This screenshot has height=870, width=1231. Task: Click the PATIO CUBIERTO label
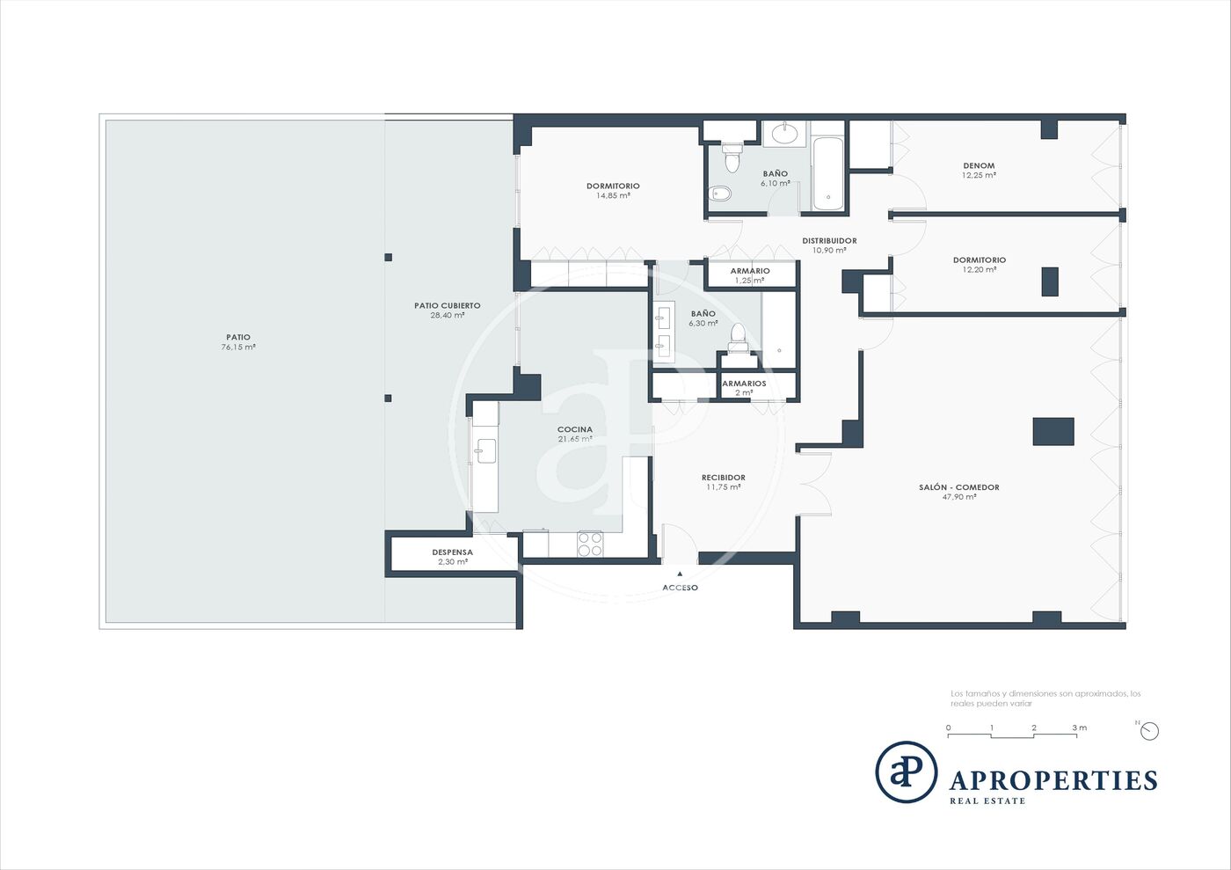[x=448, y=305]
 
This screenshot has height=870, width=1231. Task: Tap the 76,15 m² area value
[x=238, y=347]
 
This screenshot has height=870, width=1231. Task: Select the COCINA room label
[x=575, y=429]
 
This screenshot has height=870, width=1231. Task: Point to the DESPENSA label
[x=452, y=552]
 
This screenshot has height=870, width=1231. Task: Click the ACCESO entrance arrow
[x=680, y=574]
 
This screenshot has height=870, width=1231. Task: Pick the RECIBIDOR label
[x=723, y=478]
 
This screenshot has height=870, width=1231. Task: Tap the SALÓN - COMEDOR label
[x=959, y=486]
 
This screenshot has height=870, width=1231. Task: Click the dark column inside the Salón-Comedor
[x=1053, y=431]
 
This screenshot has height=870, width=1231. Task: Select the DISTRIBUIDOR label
[x=829, y=240]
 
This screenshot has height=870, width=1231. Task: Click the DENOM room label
[x=979, y=165]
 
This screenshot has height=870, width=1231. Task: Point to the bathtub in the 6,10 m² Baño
[x=827, y=173]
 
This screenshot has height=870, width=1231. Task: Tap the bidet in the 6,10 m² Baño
[x=720, y=194]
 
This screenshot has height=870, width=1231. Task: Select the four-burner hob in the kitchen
[x=590, y=544]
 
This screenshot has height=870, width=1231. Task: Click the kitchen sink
[x=485, y=451]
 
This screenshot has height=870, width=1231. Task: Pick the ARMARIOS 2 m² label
[x=744, y=388]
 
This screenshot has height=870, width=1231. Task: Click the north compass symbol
[x=1149, y=731]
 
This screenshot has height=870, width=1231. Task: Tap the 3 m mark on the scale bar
[x=1080, y=727]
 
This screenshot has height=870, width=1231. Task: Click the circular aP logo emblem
[x=907, y=772]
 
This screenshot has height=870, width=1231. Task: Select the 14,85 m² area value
[x=613, y=195]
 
